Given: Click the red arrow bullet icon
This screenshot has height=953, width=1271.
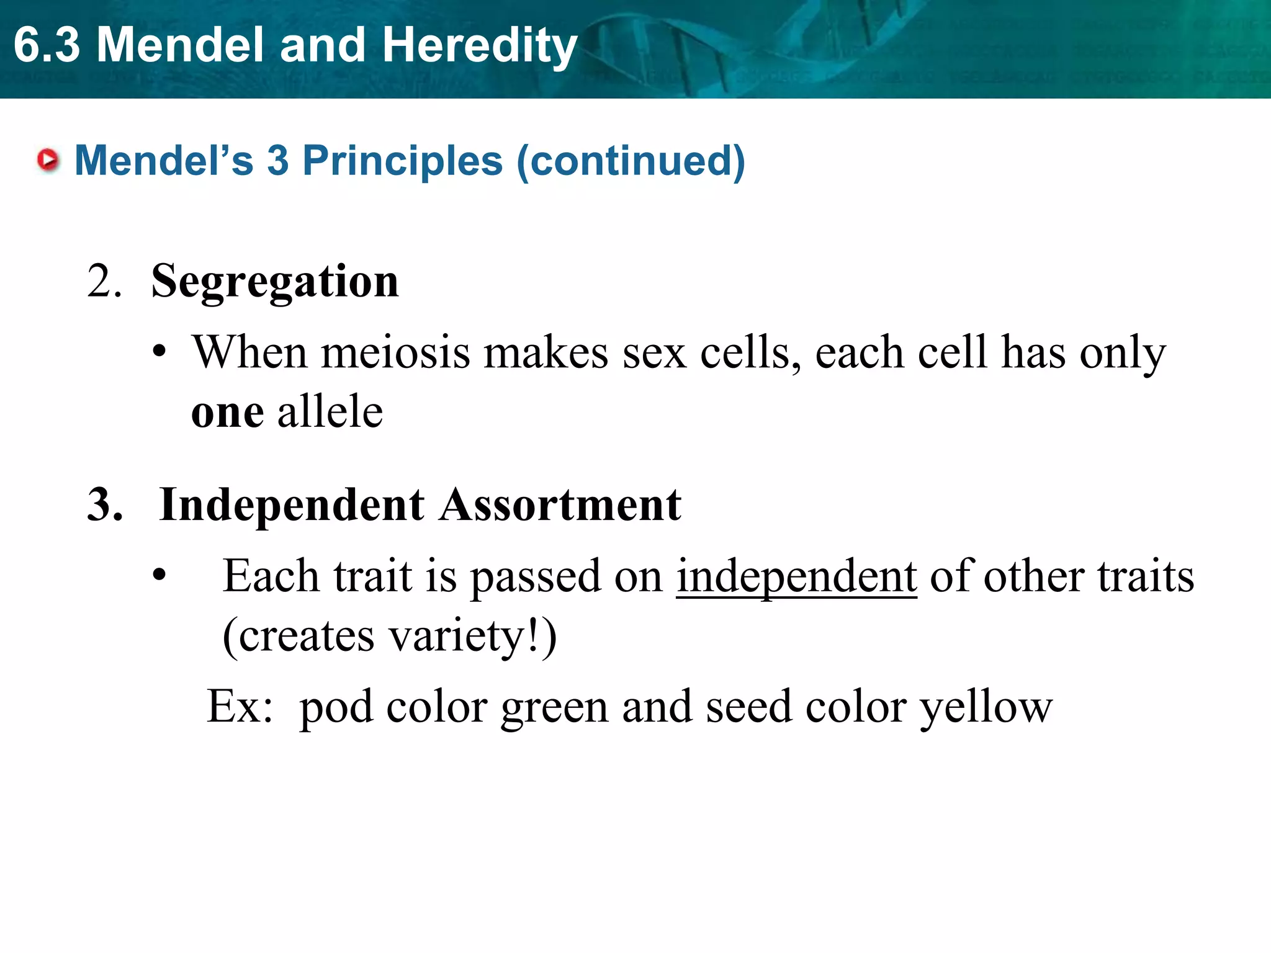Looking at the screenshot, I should tap(48, 160).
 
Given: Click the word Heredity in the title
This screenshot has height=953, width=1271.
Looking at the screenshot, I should tap(479, 46).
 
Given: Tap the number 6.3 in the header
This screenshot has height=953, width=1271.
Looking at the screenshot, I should tap(47, 46).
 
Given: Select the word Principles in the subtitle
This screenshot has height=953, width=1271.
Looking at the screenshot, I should tap(402, 161).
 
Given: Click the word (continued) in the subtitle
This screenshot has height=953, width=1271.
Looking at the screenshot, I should tap(631, 161).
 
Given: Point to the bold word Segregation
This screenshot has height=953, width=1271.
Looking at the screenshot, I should tap(275, 281).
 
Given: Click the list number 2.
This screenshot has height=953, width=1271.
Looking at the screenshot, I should tap(104, 281).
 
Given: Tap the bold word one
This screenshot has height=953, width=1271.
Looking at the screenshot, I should tap(227, 413).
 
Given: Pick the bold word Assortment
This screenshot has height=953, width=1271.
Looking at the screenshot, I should tap(560, 504).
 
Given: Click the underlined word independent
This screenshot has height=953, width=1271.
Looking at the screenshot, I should tap(796, 576).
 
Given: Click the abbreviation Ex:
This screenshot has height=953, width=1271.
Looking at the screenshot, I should tap(240, 706).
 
